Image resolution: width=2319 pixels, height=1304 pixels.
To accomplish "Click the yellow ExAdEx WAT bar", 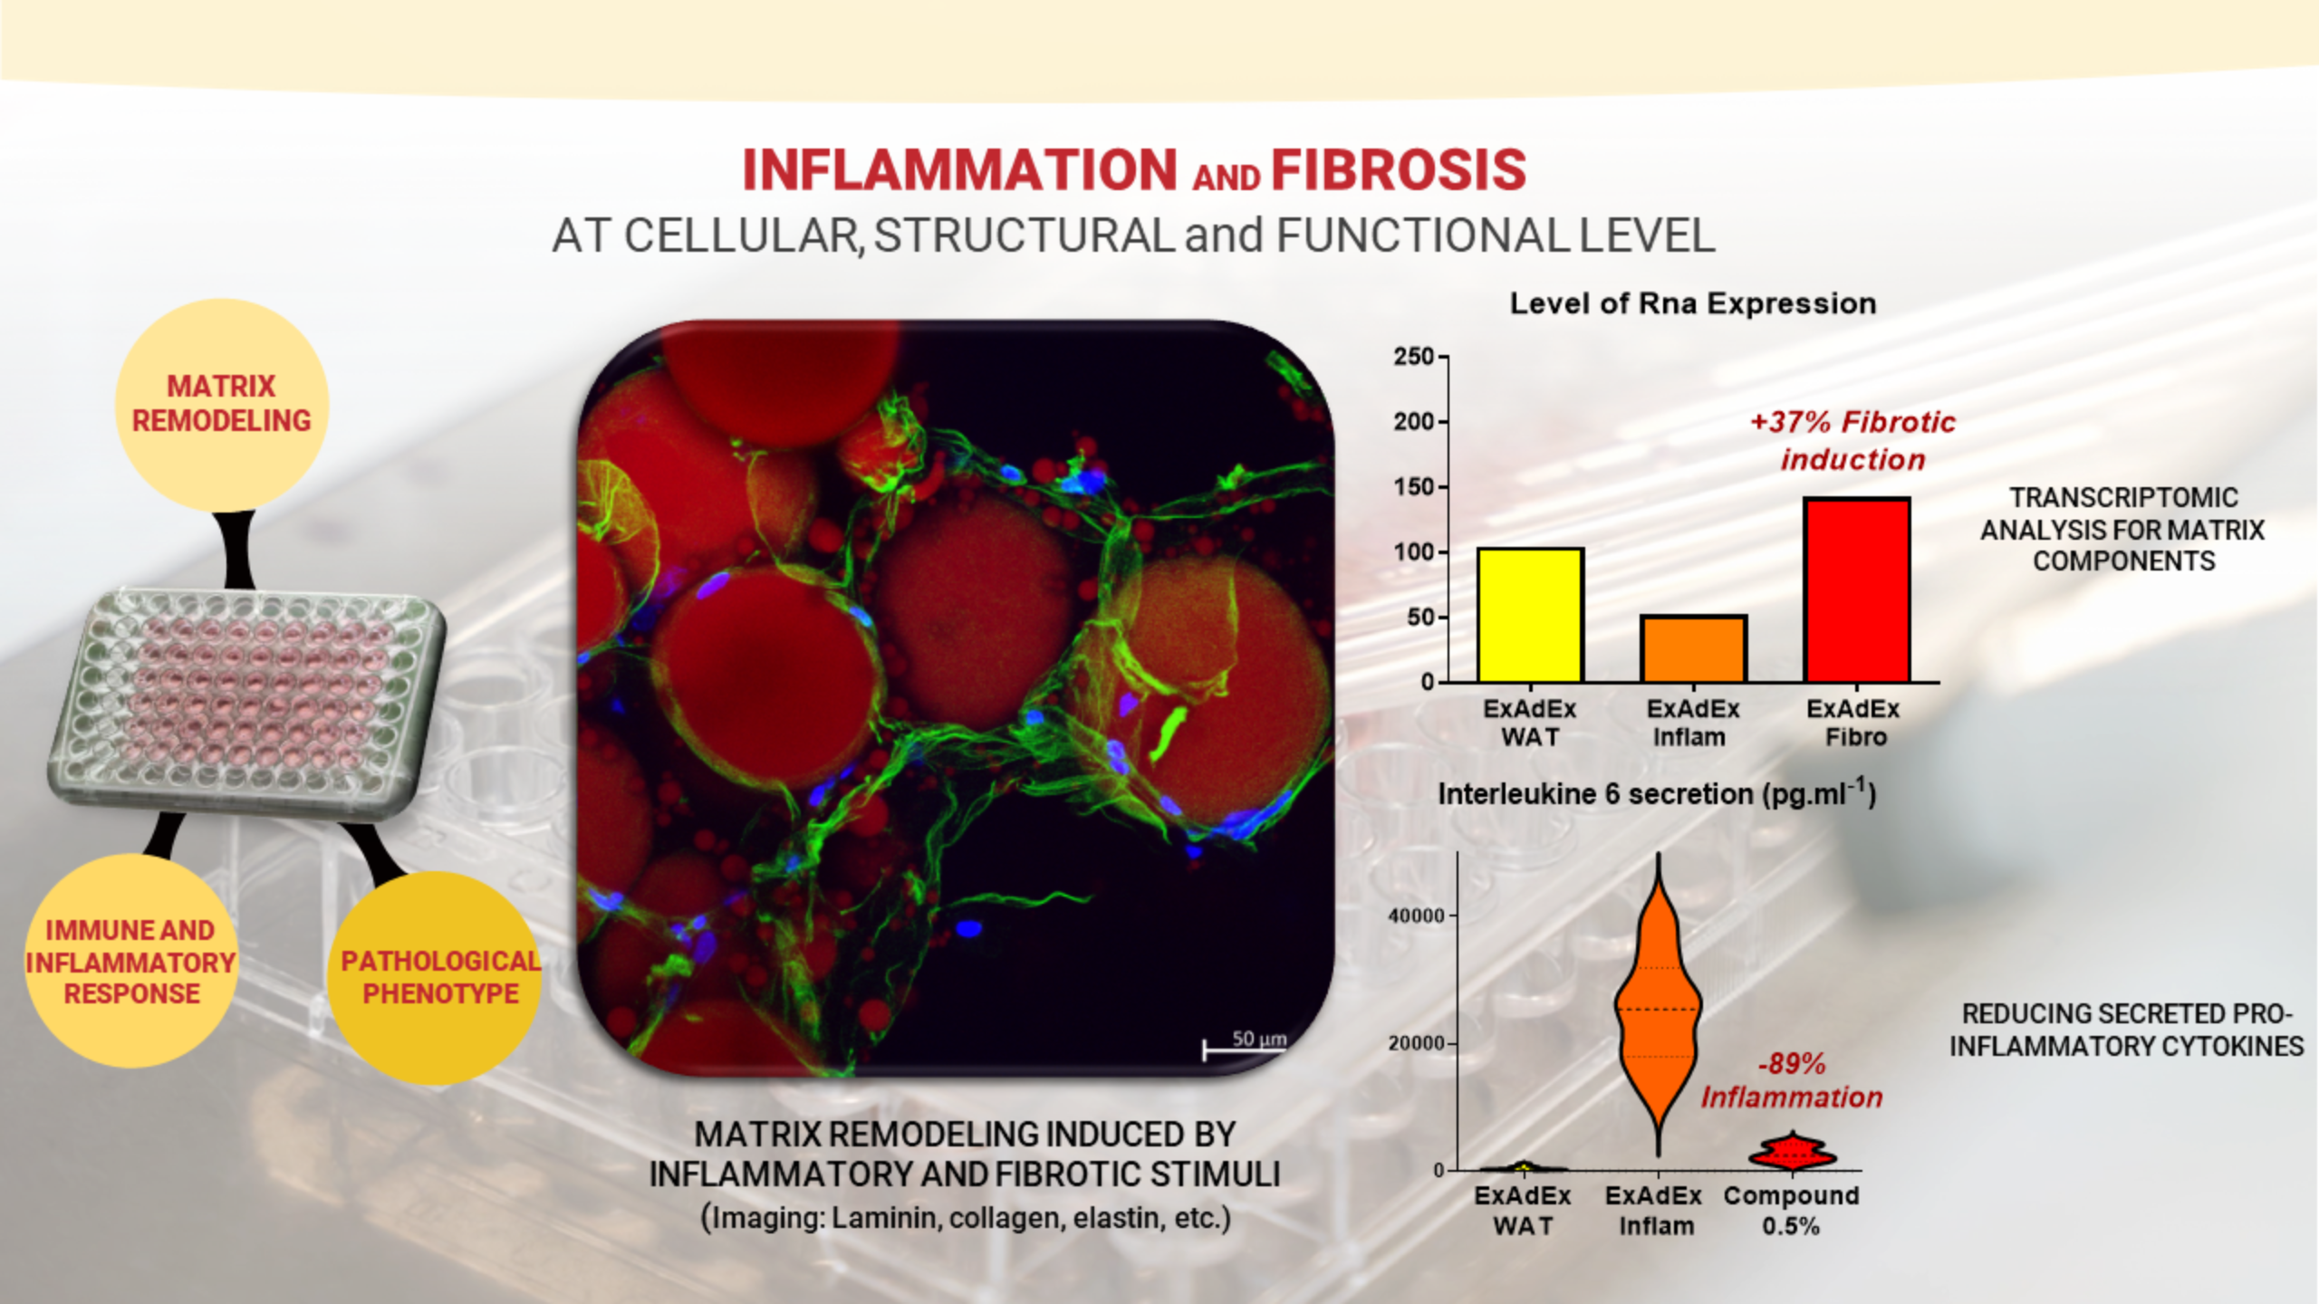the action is pos(1530,615).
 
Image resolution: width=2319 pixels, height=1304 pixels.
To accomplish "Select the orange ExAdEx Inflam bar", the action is pos(1693,648).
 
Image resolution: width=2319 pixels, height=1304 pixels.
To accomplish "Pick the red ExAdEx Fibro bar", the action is pos(1856,590).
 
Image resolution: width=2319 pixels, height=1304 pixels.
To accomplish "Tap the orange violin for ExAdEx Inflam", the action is pos(1659,1005).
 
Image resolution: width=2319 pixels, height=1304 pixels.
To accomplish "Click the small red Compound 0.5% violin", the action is pos(1792,1152).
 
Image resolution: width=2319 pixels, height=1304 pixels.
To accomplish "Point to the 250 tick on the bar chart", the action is pos(1415,357).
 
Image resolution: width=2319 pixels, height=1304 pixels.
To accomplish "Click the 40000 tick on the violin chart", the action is pos(1417,916).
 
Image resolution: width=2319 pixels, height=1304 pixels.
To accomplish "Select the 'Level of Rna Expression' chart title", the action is pos(1693,303).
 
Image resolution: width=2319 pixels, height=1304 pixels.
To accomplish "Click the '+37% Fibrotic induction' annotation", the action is pos(1852,440).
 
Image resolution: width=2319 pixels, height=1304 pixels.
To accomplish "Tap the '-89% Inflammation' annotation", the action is pos(1791,1080).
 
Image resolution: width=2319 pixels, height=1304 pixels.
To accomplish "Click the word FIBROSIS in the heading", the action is pos(1399,170).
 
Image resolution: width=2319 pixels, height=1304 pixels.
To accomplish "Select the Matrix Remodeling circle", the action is pos(222,405).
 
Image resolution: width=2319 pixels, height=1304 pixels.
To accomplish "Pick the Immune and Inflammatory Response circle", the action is pos(131,961).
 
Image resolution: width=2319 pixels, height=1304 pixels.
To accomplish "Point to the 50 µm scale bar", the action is pos(1245,1050).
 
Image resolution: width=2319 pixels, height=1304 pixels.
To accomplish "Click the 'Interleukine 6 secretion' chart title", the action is pos(1657,793).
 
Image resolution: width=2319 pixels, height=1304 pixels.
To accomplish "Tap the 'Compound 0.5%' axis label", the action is pos(1791,1211).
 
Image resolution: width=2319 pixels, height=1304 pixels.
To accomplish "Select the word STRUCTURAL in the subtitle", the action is pos(1025,235).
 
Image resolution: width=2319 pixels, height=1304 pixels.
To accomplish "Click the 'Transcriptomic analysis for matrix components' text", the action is pos(2122,530).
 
